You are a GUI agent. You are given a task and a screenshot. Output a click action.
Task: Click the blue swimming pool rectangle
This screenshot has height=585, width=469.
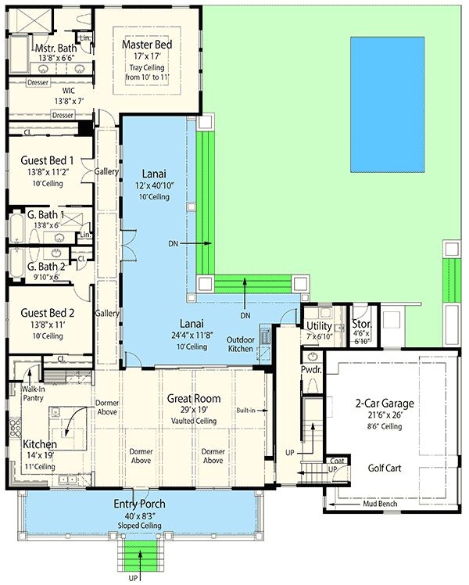(388, 103)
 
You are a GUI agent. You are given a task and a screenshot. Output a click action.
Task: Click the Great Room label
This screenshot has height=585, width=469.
(194, 398)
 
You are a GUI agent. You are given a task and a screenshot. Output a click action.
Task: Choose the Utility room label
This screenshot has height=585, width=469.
(319, 325)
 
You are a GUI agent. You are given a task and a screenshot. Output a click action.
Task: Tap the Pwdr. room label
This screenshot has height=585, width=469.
(311, 369)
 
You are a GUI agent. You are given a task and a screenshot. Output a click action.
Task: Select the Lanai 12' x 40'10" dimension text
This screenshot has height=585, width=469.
(154, 185)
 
